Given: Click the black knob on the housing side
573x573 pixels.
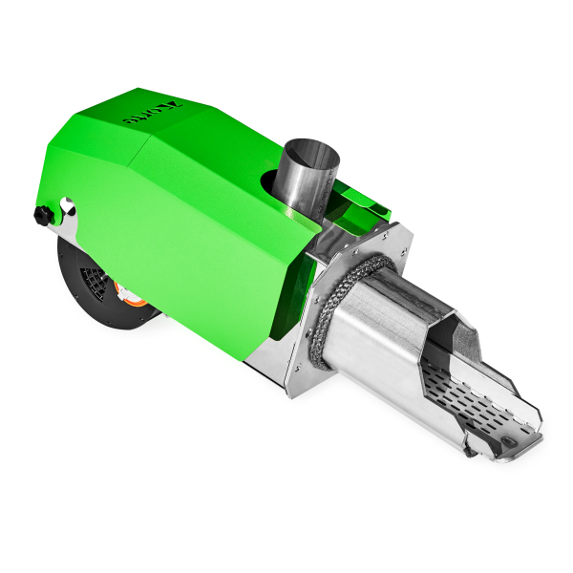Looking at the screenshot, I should click(41, 216).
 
